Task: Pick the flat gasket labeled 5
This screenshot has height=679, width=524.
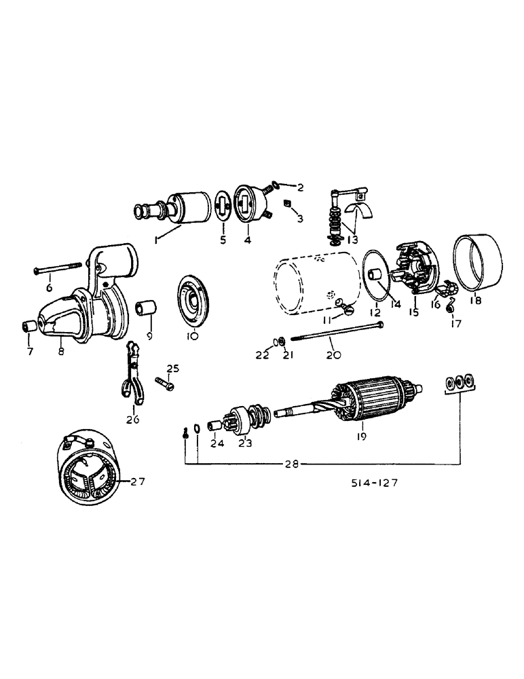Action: pyautogui.click(x=221, y=208)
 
